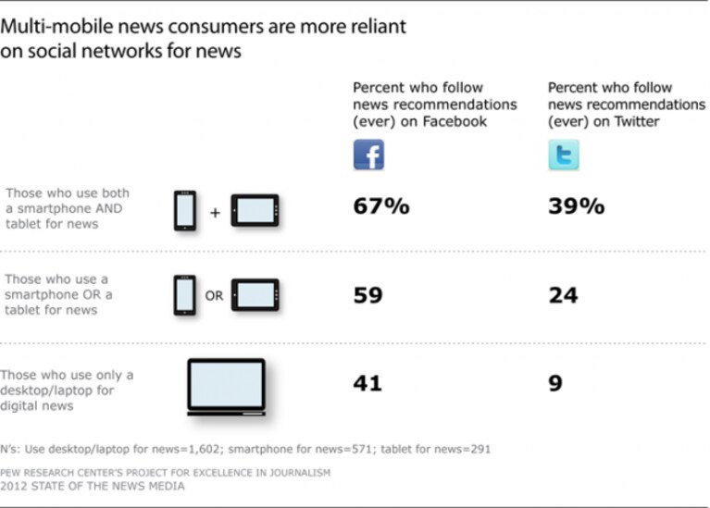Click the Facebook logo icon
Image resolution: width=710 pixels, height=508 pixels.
[x=368, y=155]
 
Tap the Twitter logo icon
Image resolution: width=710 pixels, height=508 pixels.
[x=564, y=155]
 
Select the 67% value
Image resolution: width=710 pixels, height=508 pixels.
[x=381, y=206]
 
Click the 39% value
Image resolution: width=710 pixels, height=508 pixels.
[x=577, y=206]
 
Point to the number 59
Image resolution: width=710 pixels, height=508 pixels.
[x=368, y=295]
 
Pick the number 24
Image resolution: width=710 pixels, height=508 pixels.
[x=564, y=295]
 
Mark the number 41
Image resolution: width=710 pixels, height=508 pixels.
[x=367, y=383]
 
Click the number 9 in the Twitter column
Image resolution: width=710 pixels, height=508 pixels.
[x=555, y=383]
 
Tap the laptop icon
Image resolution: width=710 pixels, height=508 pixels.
[x=227, y=387]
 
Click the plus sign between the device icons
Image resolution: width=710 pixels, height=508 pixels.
[x=215, y=212]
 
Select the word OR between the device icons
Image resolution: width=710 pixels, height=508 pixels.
[x=214, y=296]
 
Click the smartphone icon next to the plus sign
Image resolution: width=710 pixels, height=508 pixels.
[x=185, y=211]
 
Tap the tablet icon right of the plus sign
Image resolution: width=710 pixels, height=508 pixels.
[x=255, y=211]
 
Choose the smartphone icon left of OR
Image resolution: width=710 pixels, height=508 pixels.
[x=185, y=295]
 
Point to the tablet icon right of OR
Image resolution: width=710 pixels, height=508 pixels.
[x=255, y=295]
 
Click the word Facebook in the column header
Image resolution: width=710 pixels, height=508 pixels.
[x=455, y=121]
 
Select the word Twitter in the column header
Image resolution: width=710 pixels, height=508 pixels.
[x=637, y=121]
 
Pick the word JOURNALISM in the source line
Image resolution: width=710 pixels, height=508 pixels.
[x=300, y=473]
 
